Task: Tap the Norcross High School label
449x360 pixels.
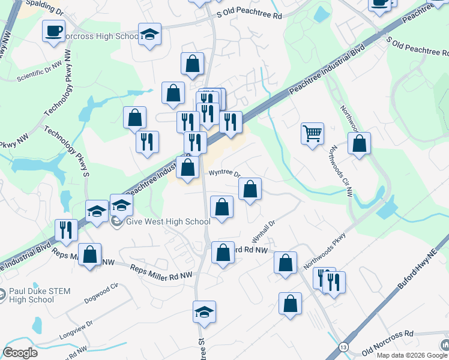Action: tap(102, 36)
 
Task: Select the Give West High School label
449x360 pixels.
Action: tap(160, 222)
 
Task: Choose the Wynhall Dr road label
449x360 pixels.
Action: tap(264, 227)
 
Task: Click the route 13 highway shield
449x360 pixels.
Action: tap(343, 347)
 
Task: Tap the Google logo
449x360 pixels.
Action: tap(20, 353)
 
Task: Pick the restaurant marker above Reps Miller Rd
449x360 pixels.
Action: tap(66, 230)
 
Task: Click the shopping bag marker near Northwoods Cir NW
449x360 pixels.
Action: tap(359, 144)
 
